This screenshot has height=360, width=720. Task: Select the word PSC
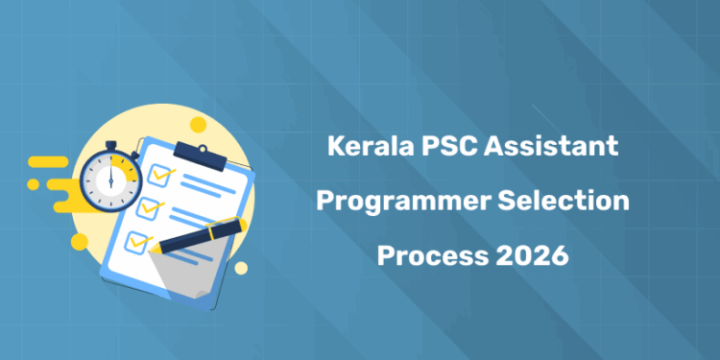tap(439, 149)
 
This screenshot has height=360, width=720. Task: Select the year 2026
tap(533, 256)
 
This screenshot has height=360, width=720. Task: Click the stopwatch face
tap(113, 179)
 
